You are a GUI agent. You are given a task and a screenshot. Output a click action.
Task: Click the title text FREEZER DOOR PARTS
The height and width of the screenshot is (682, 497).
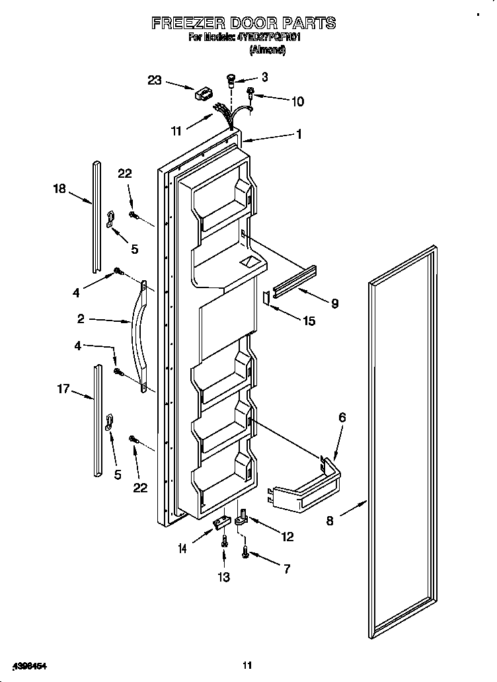244,23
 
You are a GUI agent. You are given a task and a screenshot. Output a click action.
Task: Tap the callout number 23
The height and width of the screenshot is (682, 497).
154,81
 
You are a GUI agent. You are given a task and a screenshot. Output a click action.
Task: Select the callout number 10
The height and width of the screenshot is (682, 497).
297,101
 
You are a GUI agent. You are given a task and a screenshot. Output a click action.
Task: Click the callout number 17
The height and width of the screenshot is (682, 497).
63,390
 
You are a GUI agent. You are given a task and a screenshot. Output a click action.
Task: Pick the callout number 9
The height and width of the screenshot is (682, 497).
334,303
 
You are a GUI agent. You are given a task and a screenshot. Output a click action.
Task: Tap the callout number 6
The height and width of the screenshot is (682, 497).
342,417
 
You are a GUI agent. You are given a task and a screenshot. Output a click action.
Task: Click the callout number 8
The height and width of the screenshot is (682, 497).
330,520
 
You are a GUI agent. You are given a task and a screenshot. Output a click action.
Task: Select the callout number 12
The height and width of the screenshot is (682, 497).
287,537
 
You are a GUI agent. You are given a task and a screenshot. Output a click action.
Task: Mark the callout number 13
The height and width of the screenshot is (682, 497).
223,577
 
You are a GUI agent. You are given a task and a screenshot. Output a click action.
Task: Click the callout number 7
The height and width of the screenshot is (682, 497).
286,570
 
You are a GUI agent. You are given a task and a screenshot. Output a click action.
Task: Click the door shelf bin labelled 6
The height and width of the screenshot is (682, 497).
307,492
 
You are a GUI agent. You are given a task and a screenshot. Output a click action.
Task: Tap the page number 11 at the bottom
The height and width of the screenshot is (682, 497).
247,665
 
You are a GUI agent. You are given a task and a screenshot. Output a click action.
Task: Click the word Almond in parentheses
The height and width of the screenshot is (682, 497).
267,50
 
